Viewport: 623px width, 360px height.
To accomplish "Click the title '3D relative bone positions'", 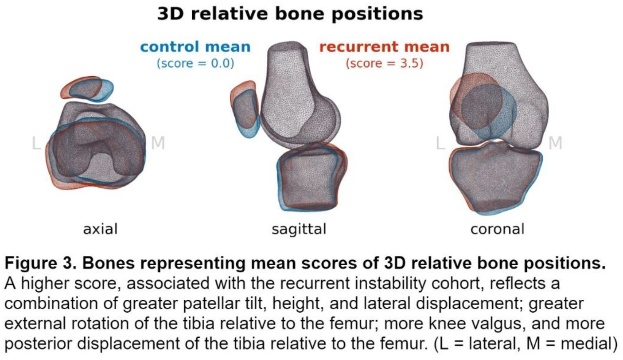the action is pos(290,14).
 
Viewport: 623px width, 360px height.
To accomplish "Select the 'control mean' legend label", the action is pos(195,47).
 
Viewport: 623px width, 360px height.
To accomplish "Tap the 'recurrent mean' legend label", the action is pos(384,47).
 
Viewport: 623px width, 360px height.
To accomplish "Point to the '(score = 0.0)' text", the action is pos(195,63).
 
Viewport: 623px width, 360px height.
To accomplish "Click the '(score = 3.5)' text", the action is pos(384,63).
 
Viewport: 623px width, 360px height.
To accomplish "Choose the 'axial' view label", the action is pos(100,229).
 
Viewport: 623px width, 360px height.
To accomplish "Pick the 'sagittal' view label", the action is pos(299,230).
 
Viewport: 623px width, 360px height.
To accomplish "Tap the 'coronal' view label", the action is pos(497,229).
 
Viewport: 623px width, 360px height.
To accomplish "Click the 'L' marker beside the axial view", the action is pos(36,143).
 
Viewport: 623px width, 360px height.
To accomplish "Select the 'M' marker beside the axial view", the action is pos(158,143).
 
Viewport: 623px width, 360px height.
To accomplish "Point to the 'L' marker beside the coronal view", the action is pos(440,143).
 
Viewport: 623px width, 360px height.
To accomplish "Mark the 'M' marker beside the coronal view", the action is pos(555,143).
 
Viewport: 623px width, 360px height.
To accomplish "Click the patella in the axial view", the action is pos(87,89).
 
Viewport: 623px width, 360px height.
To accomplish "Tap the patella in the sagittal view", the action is pos(245,109).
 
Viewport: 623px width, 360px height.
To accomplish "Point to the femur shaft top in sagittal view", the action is pos(287,47).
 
